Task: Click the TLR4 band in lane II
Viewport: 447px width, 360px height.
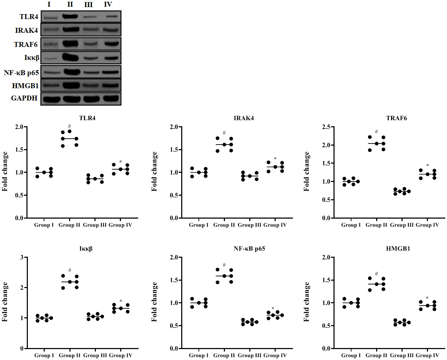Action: [70, 16]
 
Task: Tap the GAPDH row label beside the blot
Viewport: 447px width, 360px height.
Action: [24, 98]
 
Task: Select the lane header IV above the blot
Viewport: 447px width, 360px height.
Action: [108, 5]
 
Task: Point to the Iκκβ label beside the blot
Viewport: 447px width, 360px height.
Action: [32, 58]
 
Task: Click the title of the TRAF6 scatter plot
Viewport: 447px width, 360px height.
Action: [397, 118]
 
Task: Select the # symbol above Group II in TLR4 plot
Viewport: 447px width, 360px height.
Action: [69, 126]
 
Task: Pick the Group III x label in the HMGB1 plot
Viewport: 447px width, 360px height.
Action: [402, 355]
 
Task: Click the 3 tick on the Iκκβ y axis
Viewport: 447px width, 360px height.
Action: [22, 257]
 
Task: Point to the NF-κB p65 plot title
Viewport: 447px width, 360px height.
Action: [249, 249]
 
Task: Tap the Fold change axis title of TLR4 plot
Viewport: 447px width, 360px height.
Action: [5, 172]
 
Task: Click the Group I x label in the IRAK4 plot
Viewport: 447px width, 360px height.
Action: [199, 225]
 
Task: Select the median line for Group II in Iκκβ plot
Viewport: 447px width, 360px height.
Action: [70, 282]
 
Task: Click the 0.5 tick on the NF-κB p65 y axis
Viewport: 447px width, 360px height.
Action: [174, 326]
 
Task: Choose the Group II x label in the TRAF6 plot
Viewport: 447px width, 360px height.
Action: [376, 225]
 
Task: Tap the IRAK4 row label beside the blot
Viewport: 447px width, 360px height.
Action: [26, 30]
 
